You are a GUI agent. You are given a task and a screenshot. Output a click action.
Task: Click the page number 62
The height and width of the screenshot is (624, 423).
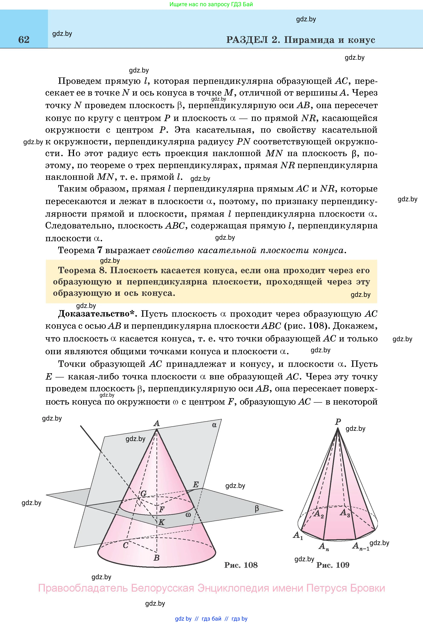click(x=24, y=40)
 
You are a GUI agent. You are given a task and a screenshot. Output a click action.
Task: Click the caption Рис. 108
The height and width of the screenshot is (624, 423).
click(x=241, y=565)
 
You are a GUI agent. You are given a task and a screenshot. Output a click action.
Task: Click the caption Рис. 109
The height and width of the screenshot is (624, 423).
click(x=333, y=565)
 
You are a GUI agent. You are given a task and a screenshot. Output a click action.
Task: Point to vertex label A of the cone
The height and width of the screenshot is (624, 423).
click(x=156, y=424)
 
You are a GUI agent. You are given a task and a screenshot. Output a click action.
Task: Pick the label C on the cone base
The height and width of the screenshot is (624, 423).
click(x=126, y=545)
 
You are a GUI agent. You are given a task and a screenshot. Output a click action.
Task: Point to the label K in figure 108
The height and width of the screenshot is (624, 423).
click(x=162, y=522)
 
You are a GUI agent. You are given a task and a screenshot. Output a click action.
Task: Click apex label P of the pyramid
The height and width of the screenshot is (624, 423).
click(x=338, y=422)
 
